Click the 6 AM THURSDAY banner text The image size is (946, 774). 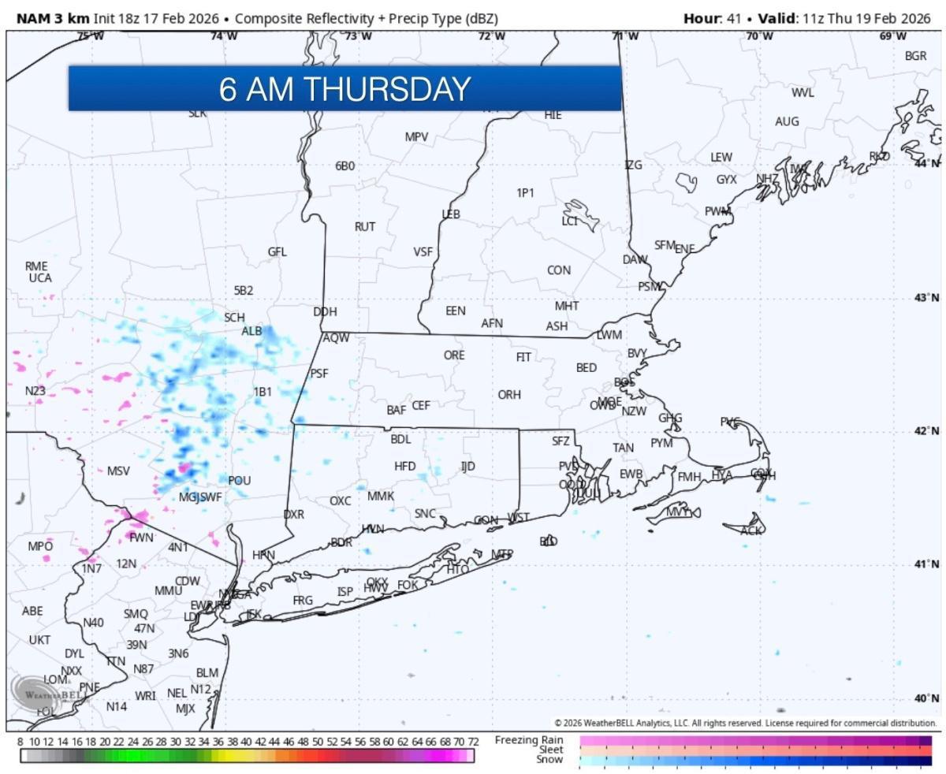[x=345, y=89]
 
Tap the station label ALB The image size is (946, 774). [x=251, y=331]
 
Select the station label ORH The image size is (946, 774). [x=509, y=394]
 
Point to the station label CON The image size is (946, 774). [x=558, y=270]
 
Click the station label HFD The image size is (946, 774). [x=404, y=467]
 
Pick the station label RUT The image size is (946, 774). [x=364, y=227]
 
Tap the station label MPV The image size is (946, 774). [x=416, y=137]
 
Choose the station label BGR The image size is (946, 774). [x=915, y=56]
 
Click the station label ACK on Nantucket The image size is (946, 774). [x=751, y=531]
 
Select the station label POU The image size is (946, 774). [x=239, y=481]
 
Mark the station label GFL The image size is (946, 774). [x=277, y=252]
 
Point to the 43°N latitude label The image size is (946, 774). [x=926, y=297]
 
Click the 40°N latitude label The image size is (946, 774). [x=926, y=698]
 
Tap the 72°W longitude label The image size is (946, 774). [x=491, y=35]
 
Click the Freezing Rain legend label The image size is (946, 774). [x=528, y=740]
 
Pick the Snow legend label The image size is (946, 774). [x=549, y=760]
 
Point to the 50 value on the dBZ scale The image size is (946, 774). [x=317, y=742]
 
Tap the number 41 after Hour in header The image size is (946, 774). [x=734, y=18]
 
